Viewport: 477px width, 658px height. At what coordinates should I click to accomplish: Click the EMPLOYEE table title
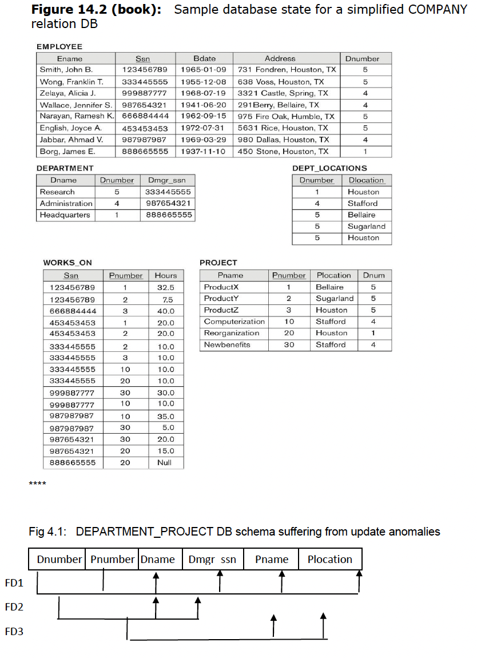(59, 46)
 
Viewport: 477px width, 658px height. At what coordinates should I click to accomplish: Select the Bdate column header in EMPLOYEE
(204, 58)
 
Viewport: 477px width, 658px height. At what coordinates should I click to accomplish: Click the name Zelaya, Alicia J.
(67, 93)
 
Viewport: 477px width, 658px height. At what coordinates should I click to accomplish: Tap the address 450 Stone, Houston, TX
(283, 152)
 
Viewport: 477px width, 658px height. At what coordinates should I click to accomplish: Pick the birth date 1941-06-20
(204, 105)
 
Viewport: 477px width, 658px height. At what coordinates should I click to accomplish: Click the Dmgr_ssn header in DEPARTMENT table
(166, 180)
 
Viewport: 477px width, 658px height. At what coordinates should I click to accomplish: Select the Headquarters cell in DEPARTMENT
(65, 215)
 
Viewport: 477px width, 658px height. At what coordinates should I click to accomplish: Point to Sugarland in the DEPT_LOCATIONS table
(366, 227)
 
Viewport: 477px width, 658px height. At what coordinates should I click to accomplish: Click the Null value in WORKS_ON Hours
(165, 463)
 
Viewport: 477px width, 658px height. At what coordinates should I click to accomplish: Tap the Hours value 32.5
(165, 288)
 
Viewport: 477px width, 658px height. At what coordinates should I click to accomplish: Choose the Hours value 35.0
(165, 417)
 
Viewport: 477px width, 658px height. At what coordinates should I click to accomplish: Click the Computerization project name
(234, 322)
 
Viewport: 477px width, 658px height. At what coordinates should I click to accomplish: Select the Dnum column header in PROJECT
(373, 275)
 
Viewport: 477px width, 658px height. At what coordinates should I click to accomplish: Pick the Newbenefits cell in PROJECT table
(227, 345)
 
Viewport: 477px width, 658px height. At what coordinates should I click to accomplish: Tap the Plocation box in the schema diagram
(330, 560)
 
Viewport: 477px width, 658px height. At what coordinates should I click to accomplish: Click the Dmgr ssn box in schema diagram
(212, 560)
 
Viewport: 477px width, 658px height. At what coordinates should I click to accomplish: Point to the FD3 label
(14, 632)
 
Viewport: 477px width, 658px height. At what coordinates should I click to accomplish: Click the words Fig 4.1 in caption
(47, 532)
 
